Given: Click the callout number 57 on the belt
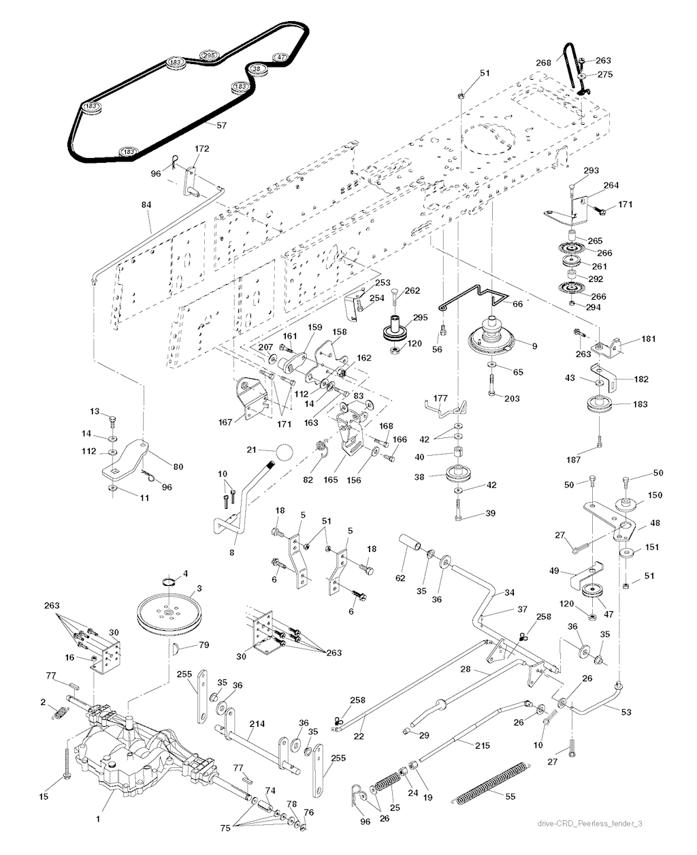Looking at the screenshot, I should click(221, 125).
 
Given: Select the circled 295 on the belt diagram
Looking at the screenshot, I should click(208, 55).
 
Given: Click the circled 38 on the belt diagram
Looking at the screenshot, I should click(256, 69).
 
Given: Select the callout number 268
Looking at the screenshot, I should click(543, 63).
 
